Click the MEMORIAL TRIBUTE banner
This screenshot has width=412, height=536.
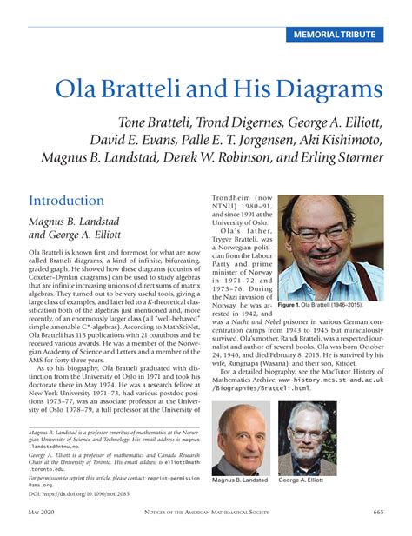click(x=335, y=35)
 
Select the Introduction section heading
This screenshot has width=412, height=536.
click(x=68, y=200)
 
